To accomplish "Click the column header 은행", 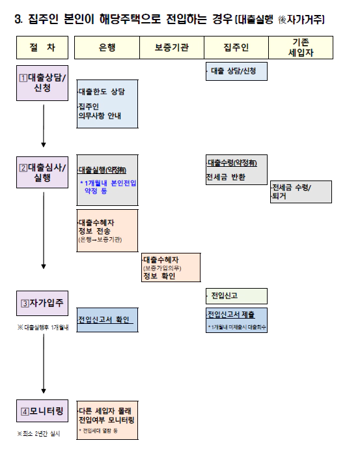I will [x=107, y=48].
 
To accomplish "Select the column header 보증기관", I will [x=171, y=48].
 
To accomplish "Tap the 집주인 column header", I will [x=236, y=48].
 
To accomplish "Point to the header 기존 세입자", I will [x=301, y=48].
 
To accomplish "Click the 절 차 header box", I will [x=42, y=48].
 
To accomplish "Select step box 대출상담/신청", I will [x=42, y=83].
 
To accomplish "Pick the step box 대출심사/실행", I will [x=42, y=172].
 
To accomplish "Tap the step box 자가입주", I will [x=42, y=303].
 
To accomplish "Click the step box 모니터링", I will [x=42, y=412].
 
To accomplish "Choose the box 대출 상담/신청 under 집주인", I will [x=236, y=70].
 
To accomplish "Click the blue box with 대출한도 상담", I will [x=107, y=102].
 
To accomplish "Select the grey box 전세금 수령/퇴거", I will [x=301, y=192].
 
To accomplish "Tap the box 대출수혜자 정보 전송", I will [x=107, y=230].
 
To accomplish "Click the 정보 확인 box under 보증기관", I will [x=171, y=267].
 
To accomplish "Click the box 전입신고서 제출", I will [x=235, y=319].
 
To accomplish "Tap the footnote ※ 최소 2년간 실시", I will [x=39, y=433].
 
